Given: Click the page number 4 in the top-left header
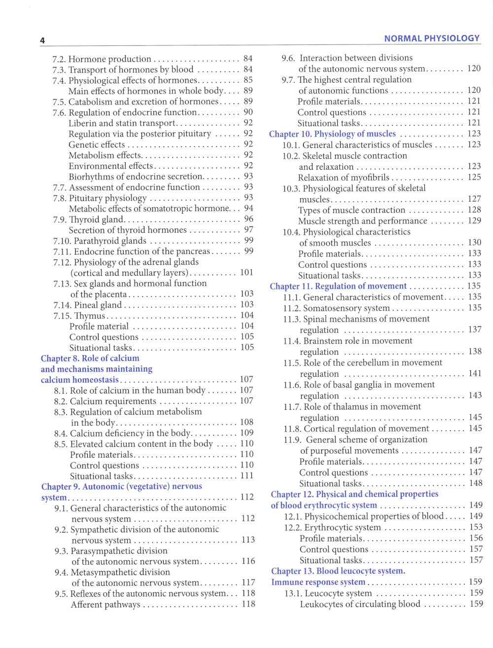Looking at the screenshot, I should pos(42,40).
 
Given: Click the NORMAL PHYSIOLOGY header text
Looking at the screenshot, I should pos(431,38).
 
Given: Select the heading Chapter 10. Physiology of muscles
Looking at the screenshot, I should pos(332,134).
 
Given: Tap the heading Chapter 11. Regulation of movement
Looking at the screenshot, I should pos(338,287).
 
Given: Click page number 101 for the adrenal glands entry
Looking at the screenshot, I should pos(246,273).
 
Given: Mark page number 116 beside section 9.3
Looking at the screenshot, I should pos(248,561).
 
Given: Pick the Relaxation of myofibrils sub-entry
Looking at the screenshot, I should pos(344,178).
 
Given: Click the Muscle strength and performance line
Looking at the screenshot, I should pos(362,221).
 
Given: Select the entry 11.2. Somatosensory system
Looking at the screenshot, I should pos(336,308).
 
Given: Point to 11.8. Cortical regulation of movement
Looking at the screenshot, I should pos(356,429).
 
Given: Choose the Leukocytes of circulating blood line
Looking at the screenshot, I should pos(360,604).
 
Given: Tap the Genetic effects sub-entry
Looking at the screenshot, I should pos(97,145).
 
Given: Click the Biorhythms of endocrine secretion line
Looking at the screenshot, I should pos(136,177).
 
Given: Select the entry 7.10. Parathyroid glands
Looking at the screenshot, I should pos(100,241).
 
